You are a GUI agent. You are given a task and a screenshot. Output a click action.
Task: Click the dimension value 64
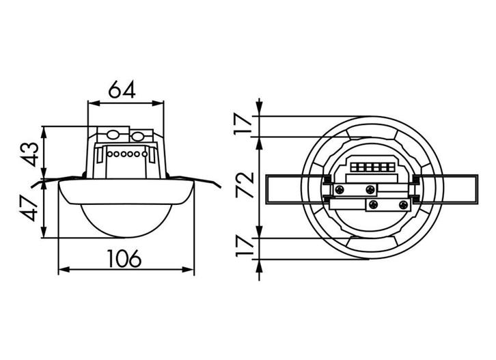(122, 89)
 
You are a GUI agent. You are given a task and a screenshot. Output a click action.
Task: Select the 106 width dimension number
(124, 258)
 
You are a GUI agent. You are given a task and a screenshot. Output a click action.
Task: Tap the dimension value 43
(31, 154)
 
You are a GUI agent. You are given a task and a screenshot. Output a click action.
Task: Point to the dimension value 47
(31, 208)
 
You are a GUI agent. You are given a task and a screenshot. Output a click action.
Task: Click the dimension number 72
(245, 185)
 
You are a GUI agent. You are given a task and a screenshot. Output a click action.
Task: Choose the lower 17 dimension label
(245, 247)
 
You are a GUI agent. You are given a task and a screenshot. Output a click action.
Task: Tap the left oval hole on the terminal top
(112, 135)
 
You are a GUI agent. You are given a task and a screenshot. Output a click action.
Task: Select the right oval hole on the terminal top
(138, 137)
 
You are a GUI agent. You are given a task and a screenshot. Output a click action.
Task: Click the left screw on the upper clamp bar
(340, 190)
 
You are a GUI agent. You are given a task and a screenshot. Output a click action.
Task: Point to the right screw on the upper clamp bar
(370, 190)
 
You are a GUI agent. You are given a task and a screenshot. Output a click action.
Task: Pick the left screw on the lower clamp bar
(374, 205)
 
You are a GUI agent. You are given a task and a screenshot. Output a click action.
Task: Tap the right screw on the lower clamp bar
(403, 205)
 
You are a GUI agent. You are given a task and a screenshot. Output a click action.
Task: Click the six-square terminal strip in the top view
(372, 167)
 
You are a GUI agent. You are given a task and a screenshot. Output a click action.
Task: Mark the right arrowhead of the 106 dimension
(188, 270)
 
